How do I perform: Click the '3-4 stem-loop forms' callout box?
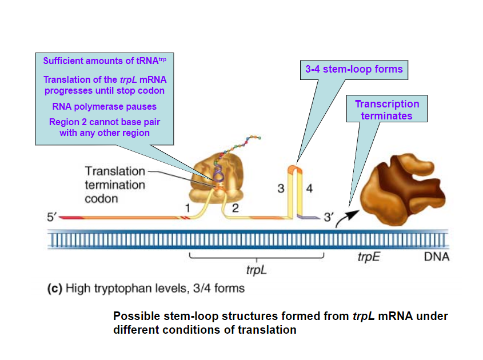point(353,70)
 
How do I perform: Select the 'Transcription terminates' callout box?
point(387,110)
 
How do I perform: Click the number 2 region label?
point(235,209)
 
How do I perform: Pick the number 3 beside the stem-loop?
point(281,189)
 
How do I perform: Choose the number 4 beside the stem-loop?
point(309,189)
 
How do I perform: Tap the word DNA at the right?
point(437,257)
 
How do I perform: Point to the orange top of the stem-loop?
point(293,167)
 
